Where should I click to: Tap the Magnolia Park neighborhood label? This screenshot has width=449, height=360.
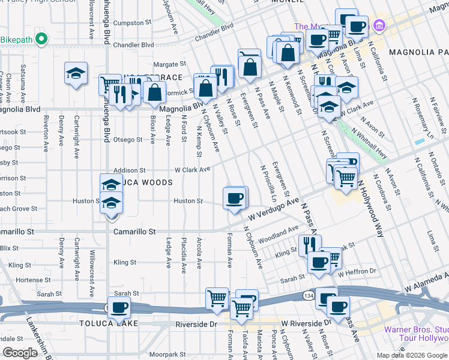point(418,52)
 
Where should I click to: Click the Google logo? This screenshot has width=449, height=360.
point(20,353)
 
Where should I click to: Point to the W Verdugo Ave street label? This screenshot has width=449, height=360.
point(271,210)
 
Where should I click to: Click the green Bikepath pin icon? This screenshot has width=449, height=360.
point(41,40)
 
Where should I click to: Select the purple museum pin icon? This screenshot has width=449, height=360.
point(378,26)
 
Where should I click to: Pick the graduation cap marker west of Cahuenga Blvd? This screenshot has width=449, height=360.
point(76,74)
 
